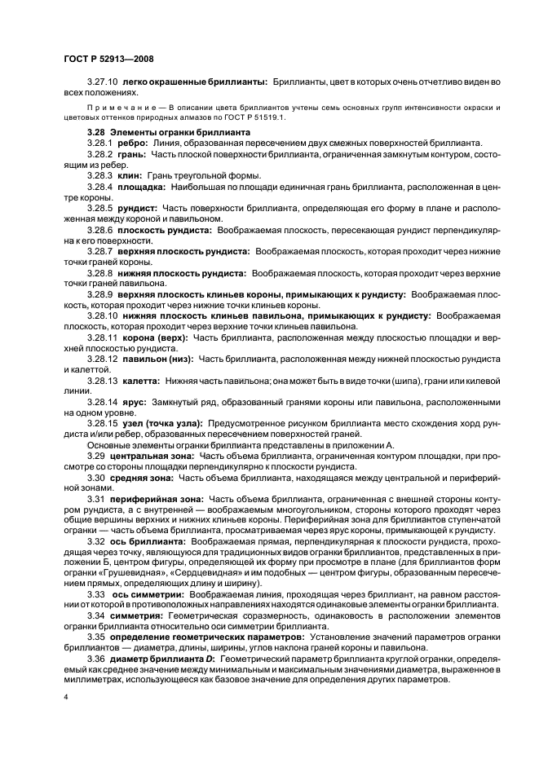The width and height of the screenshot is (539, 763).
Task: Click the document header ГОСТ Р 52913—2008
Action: tap(108, 59)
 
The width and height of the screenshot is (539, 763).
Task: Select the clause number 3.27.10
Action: tap(103, 82)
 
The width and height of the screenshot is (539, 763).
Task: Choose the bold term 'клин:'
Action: tap(130, 175)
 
